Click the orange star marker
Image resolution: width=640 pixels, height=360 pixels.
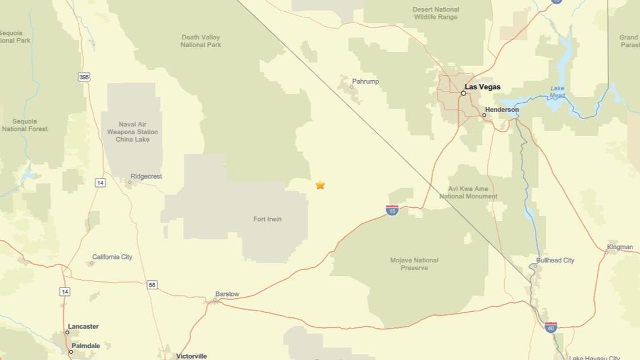320,185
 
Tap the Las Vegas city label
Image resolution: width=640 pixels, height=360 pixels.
482,87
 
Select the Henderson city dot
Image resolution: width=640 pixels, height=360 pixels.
484,115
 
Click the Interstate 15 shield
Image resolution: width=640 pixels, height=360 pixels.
392,211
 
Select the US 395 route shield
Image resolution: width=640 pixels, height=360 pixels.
84,78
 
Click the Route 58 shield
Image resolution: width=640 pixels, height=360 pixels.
152,285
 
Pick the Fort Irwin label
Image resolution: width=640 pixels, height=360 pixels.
267,219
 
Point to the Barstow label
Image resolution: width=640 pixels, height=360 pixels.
227,294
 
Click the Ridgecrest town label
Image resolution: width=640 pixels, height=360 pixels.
146,176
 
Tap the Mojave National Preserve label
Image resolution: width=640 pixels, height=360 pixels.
414,264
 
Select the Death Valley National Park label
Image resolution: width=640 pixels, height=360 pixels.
201,41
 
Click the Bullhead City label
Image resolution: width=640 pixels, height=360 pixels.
555,260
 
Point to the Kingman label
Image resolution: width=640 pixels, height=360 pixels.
620,247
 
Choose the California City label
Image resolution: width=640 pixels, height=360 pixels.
112,257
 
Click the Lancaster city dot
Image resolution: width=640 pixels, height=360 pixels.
67,332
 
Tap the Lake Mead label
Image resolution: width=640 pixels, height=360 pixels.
557,92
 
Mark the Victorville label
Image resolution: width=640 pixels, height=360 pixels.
191,356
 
